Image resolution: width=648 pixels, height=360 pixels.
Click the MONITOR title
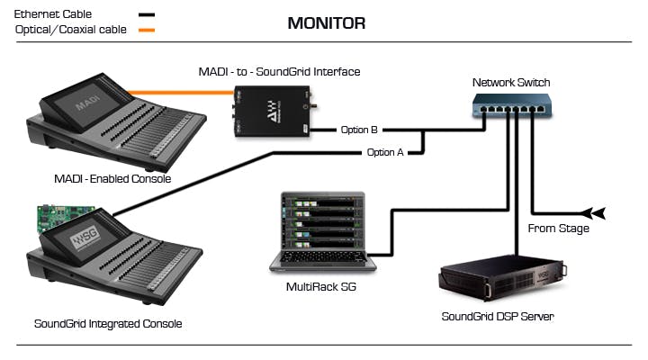tap(327, 23)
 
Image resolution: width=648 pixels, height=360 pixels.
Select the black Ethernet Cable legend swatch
tap(145, 15)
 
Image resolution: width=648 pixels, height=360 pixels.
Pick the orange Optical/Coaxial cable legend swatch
tap(145, 31)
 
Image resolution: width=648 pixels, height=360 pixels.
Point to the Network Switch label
tap(510, 83)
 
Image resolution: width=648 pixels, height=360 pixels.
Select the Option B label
tap(359, 130)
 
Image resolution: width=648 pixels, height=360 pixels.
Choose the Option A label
tap(385, 152)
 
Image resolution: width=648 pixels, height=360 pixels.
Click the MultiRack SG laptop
tap(319, 232)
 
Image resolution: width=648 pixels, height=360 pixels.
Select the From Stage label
tap(558, 229)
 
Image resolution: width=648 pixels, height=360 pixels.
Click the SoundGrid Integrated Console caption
tap(108, 323)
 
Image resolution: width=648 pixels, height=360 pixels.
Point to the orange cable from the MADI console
tap(180, 92)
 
